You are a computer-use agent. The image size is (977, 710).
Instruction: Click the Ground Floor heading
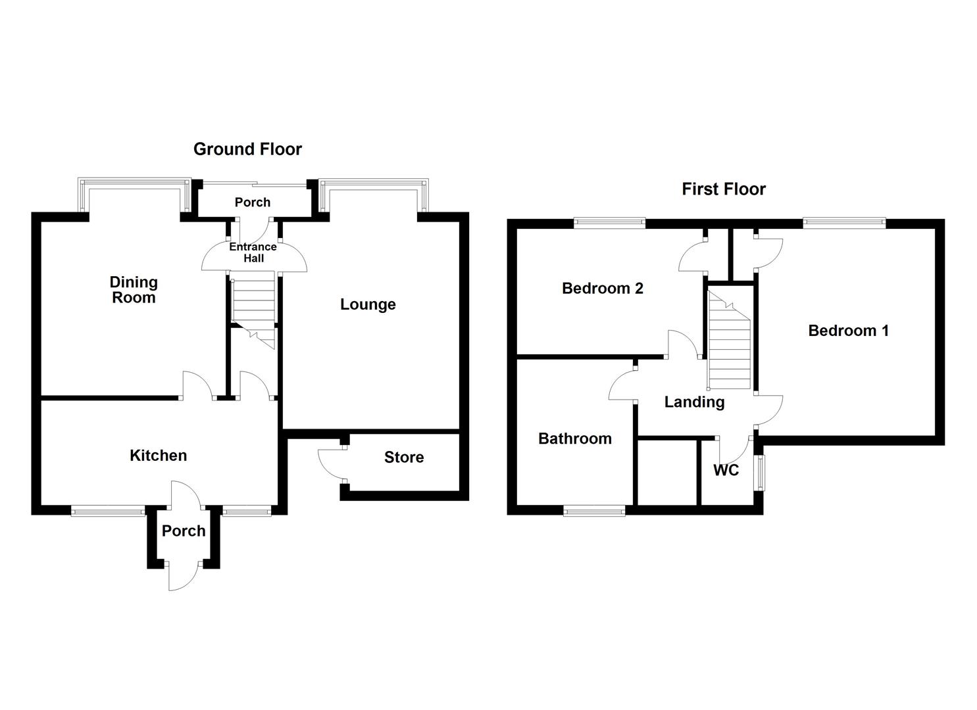pyautogui.click(x=247, y=149)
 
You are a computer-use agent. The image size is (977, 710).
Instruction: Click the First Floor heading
pyautogui.click(x=724, y=189)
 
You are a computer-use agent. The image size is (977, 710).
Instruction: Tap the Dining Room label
pyautogui.click(x=134, y=290)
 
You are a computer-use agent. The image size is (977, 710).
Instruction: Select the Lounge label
pyautogui.click(x=368, y=304)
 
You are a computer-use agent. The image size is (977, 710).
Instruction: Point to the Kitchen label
pyautogui.click(x=158, y=456)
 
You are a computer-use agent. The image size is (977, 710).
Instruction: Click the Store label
pyautogui.click(x=404, y=458)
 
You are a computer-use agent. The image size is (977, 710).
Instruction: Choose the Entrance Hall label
pyautogui.click(x=253, y=252)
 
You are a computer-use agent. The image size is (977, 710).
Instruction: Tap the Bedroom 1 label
pyautogui.click(x=848, y=331)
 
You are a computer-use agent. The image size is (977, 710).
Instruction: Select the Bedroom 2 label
pyautogui.click(x=602, y=289)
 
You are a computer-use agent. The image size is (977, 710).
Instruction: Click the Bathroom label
pyautogui.click(x=574, y=438)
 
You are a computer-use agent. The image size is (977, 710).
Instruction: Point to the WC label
pyautogui.click(x=726, y=471)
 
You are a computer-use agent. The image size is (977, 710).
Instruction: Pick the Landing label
pyautogui.click(x=694, y=402)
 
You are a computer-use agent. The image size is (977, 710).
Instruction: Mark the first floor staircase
pyautogui.click(x=729, y=342)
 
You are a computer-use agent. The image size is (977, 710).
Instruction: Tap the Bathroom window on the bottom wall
pyautogui.click(x=594, y=510)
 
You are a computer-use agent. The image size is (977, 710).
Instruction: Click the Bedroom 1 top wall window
pyautogui.click(x=843, y=224)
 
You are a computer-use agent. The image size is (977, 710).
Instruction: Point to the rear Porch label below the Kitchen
pyautogui.click(x=184, y=531)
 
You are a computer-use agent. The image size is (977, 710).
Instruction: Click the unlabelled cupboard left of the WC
pyautogui.click(x=666, y=473)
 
